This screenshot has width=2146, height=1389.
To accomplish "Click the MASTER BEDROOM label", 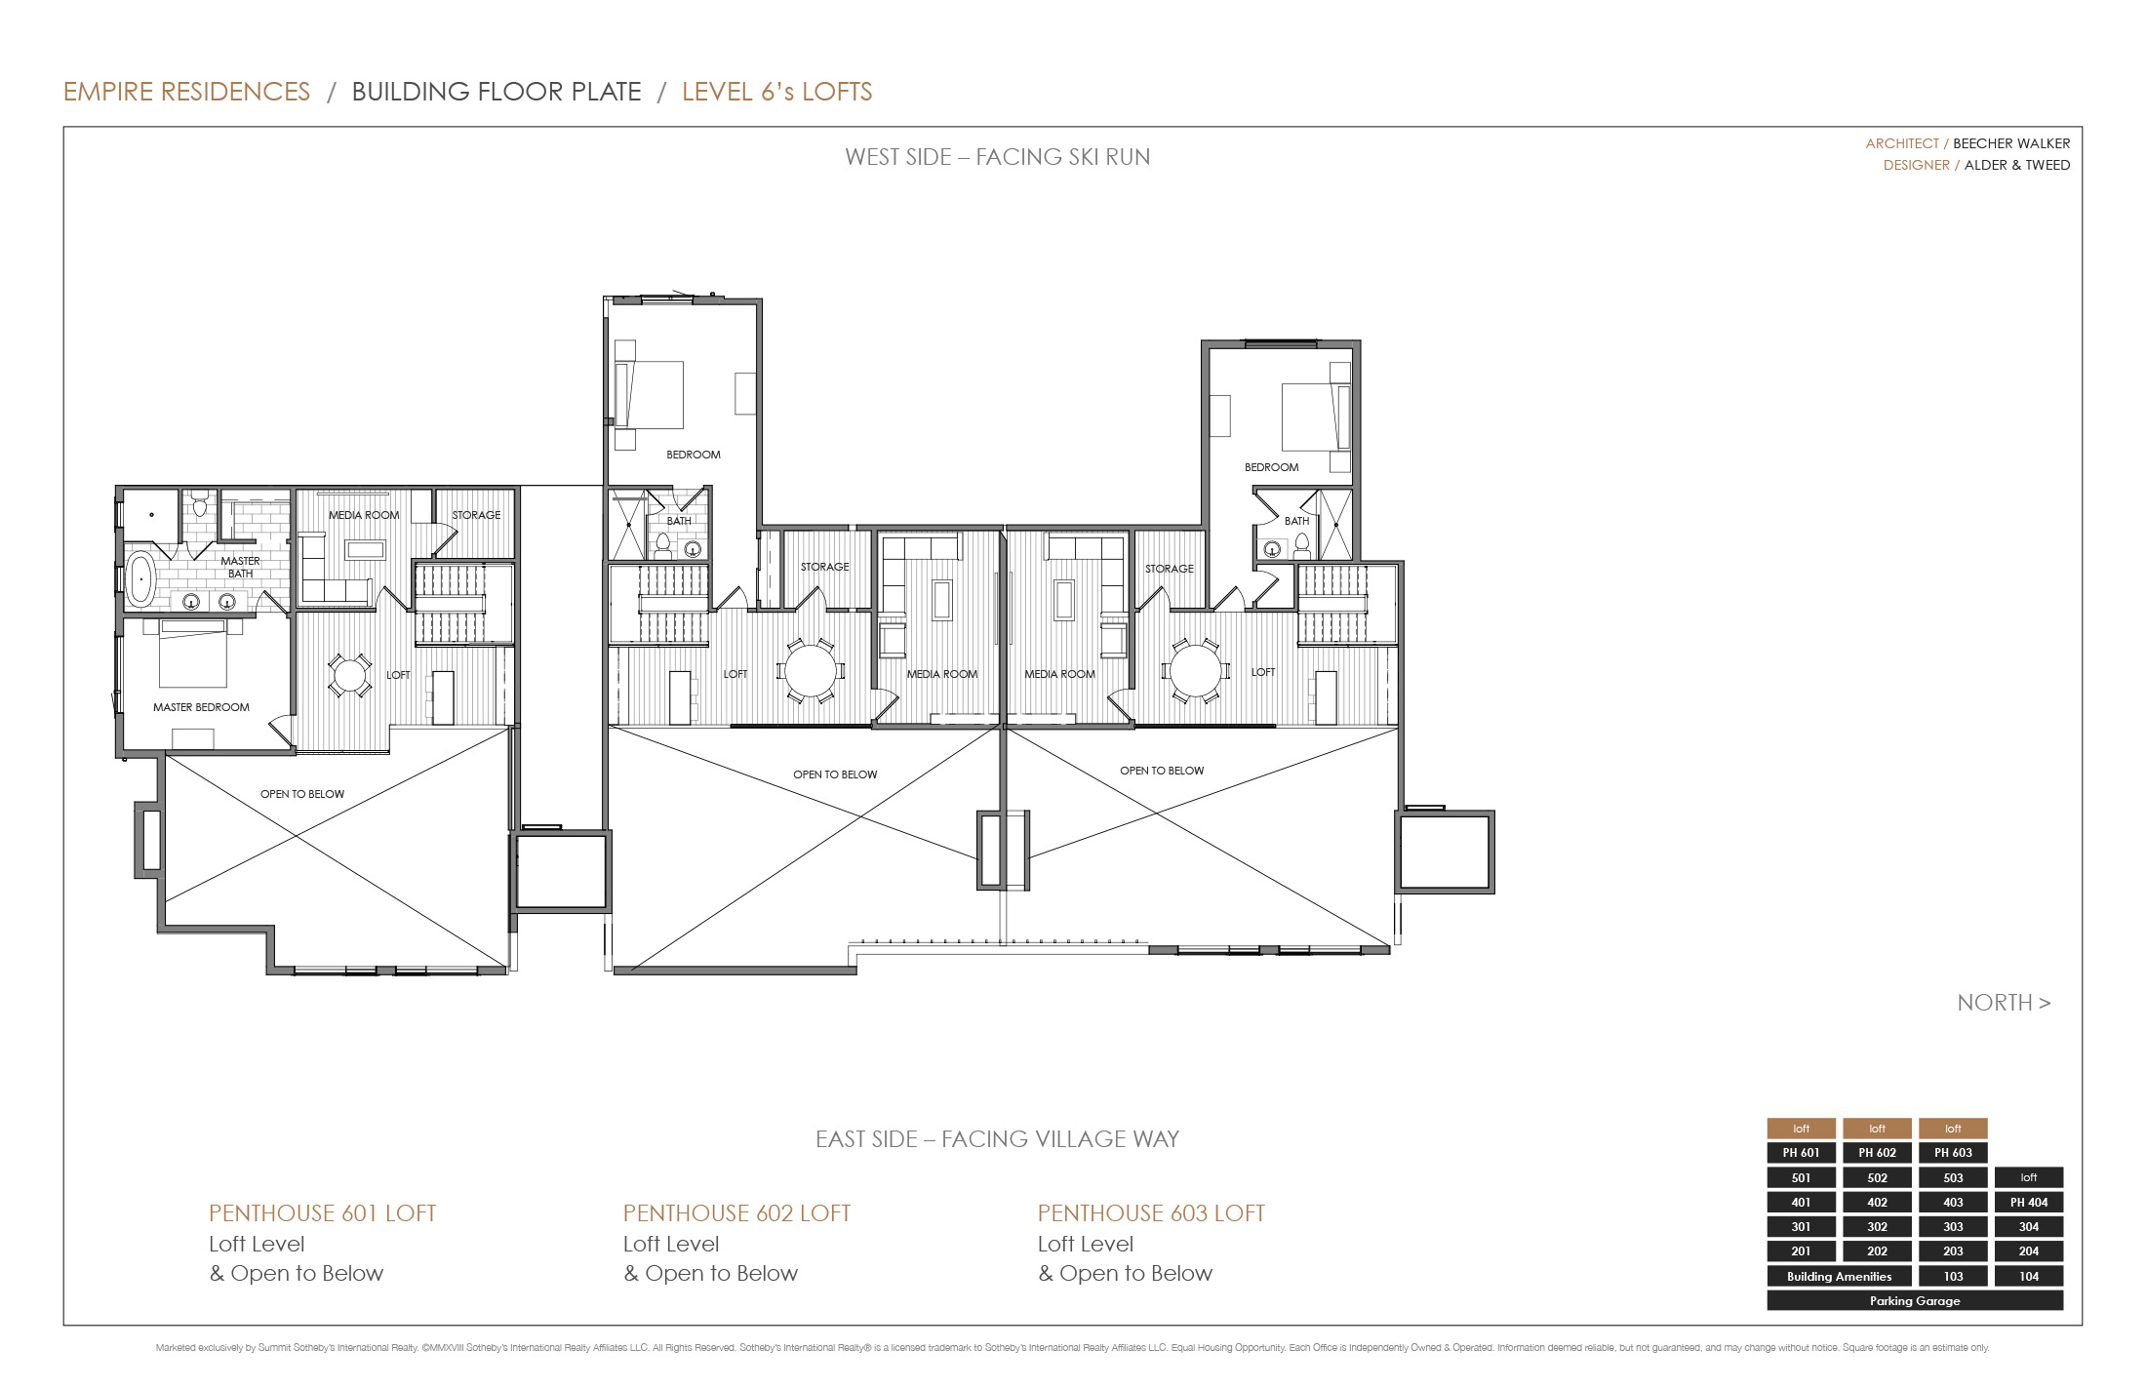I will tap(201, 707).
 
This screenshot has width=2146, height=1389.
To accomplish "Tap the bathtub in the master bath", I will tap(140, 578).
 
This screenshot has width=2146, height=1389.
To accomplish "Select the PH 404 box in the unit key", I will tap(2028, 1203).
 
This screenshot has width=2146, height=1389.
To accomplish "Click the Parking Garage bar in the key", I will tap(1914, 1300).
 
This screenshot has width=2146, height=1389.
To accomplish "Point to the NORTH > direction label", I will tap(2004, 1003).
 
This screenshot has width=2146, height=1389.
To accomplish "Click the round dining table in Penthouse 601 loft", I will tap(349, 675).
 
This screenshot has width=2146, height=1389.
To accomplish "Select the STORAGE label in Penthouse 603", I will tap(1169, 569).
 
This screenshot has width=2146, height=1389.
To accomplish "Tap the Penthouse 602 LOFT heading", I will tap(736, 1213).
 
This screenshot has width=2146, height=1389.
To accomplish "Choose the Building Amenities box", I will tap(1839, 1276).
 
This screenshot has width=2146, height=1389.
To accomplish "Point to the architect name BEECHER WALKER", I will tap(2010, 143).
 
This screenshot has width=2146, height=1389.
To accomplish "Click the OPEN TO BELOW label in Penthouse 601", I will tap(301, 794).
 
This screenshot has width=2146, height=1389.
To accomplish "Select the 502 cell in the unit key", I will tap(1877, 1177).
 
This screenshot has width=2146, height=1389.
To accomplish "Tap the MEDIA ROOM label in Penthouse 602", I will tap(941, 674).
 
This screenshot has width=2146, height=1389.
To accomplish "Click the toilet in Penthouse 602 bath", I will tap(663, 544).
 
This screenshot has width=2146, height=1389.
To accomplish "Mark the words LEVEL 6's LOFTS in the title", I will tap(776, 92).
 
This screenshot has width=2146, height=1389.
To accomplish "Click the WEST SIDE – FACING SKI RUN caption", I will tap(997, 157).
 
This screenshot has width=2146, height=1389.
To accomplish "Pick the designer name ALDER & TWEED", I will tap(2016, 165).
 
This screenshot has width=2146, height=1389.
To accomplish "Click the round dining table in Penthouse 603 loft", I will tap(1195, 671).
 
